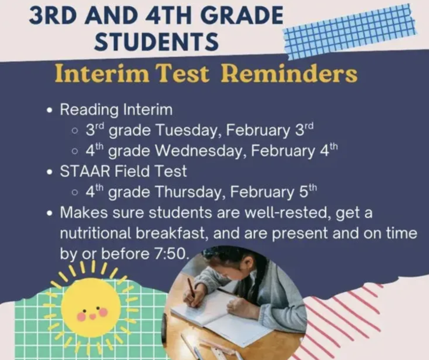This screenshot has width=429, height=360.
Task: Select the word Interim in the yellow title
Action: [102, 74]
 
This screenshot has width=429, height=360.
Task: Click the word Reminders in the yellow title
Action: [289, 74]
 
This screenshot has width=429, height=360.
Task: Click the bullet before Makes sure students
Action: [50, 214]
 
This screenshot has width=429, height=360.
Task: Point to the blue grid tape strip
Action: [350, 31]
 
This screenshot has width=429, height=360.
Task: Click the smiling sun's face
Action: [91, 310]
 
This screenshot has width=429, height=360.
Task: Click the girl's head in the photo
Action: [233, 264]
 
